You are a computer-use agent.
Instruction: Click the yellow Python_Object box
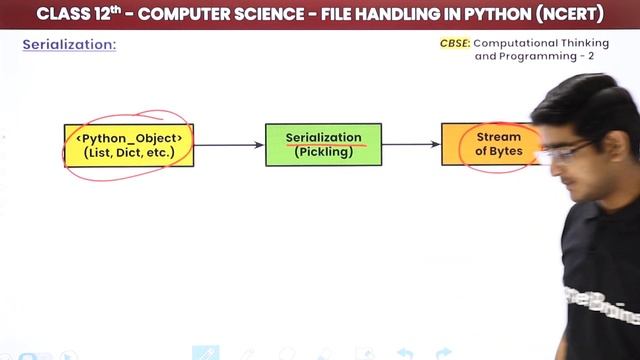128,145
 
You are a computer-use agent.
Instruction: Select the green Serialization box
323,145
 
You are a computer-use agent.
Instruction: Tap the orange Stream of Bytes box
490,144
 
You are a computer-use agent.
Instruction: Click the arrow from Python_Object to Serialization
229,145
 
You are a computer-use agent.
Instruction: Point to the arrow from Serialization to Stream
411,145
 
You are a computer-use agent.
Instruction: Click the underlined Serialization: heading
69,45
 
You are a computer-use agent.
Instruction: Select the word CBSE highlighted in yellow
455,44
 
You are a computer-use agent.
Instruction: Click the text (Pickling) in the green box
323,153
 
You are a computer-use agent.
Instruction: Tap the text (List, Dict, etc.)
129,153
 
